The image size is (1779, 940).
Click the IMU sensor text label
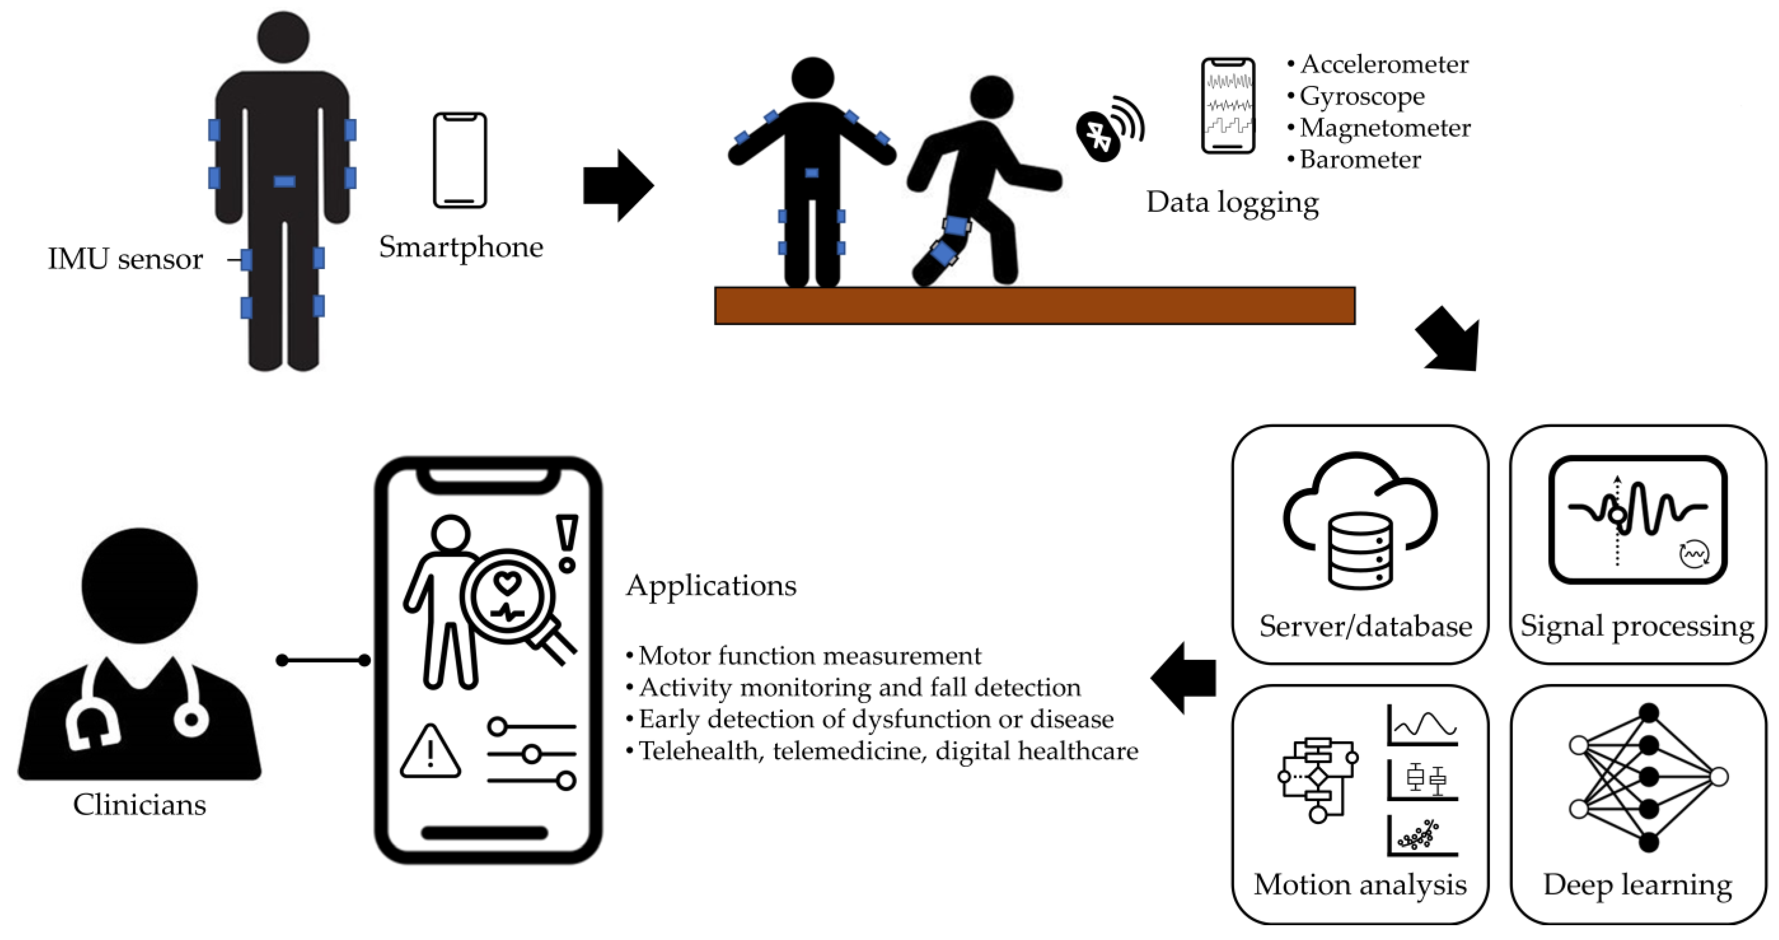pos(125,259)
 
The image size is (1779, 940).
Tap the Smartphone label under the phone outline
pos(461,247)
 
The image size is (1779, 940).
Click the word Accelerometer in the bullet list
pos(1384,64)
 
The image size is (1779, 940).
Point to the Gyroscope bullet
pos(1361,96)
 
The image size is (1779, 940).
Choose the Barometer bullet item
pos(1360,160)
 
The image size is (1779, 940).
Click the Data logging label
pos(1232,202)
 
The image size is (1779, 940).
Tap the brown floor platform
pos(1034,305)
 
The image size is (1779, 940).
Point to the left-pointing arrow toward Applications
pos(1184,677)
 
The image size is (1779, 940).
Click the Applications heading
pos(711,586)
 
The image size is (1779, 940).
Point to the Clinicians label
pos(139,804)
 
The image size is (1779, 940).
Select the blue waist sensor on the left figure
pos(285,182)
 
